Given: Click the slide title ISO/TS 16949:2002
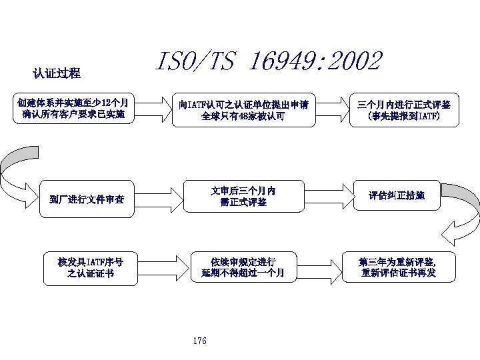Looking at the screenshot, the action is pos(268,62).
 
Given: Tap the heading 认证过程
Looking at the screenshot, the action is pos(57,73).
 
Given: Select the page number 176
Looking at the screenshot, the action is pos(199,341).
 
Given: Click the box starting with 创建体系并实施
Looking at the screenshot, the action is pos(74,109).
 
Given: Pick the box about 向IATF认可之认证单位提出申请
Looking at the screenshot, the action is pos(243,109).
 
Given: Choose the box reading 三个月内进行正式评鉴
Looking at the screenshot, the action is pos(404,109).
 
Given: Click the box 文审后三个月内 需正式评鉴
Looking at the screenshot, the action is pos(243,196).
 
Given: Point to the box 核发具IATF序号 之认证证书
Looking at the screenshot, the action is pos(91,267).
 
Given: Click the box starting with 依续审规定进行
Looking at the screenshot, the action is pos(243,267).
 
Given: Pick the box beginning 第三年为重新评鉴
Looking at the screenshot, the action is pos(398,267).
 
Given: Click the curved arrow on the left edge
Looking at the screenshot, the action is pos(18,172).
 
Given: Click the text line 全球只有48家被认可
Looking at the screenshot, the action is pos(243,116).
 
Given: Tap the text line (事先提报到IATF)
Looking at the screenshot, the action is pos(404,116).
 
